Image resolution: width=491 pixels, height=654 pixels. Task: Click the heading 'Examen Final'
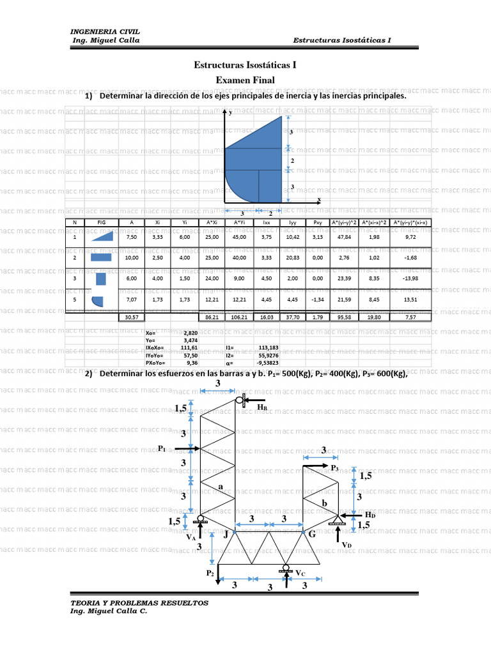[245, 80]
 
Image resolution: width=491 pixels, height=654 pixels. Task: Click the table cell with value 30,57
[132, 317]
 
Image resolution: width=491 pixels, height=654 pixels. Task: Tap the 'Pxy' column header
[318, 222]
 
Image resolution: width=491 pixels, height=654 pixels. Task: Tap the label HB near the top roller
[262, 406]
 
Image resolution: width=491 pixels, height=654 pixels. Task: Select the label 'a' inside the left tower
[221, 487]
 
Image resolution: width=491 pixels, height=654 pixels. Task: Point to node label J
[226, 534]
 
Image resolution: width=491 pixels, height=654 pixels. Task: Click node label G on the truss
[312, 534]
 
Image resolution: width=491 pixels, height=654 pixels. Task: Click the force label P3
[334, 468]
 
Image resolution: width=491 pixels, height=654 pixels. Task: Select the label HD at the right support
[369, 515]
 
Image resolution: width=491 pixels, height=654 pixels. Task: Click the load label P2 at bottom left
[210, 574]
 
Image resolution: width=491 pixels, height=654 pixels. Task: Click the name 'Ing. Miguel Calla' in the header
[105, 40]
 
